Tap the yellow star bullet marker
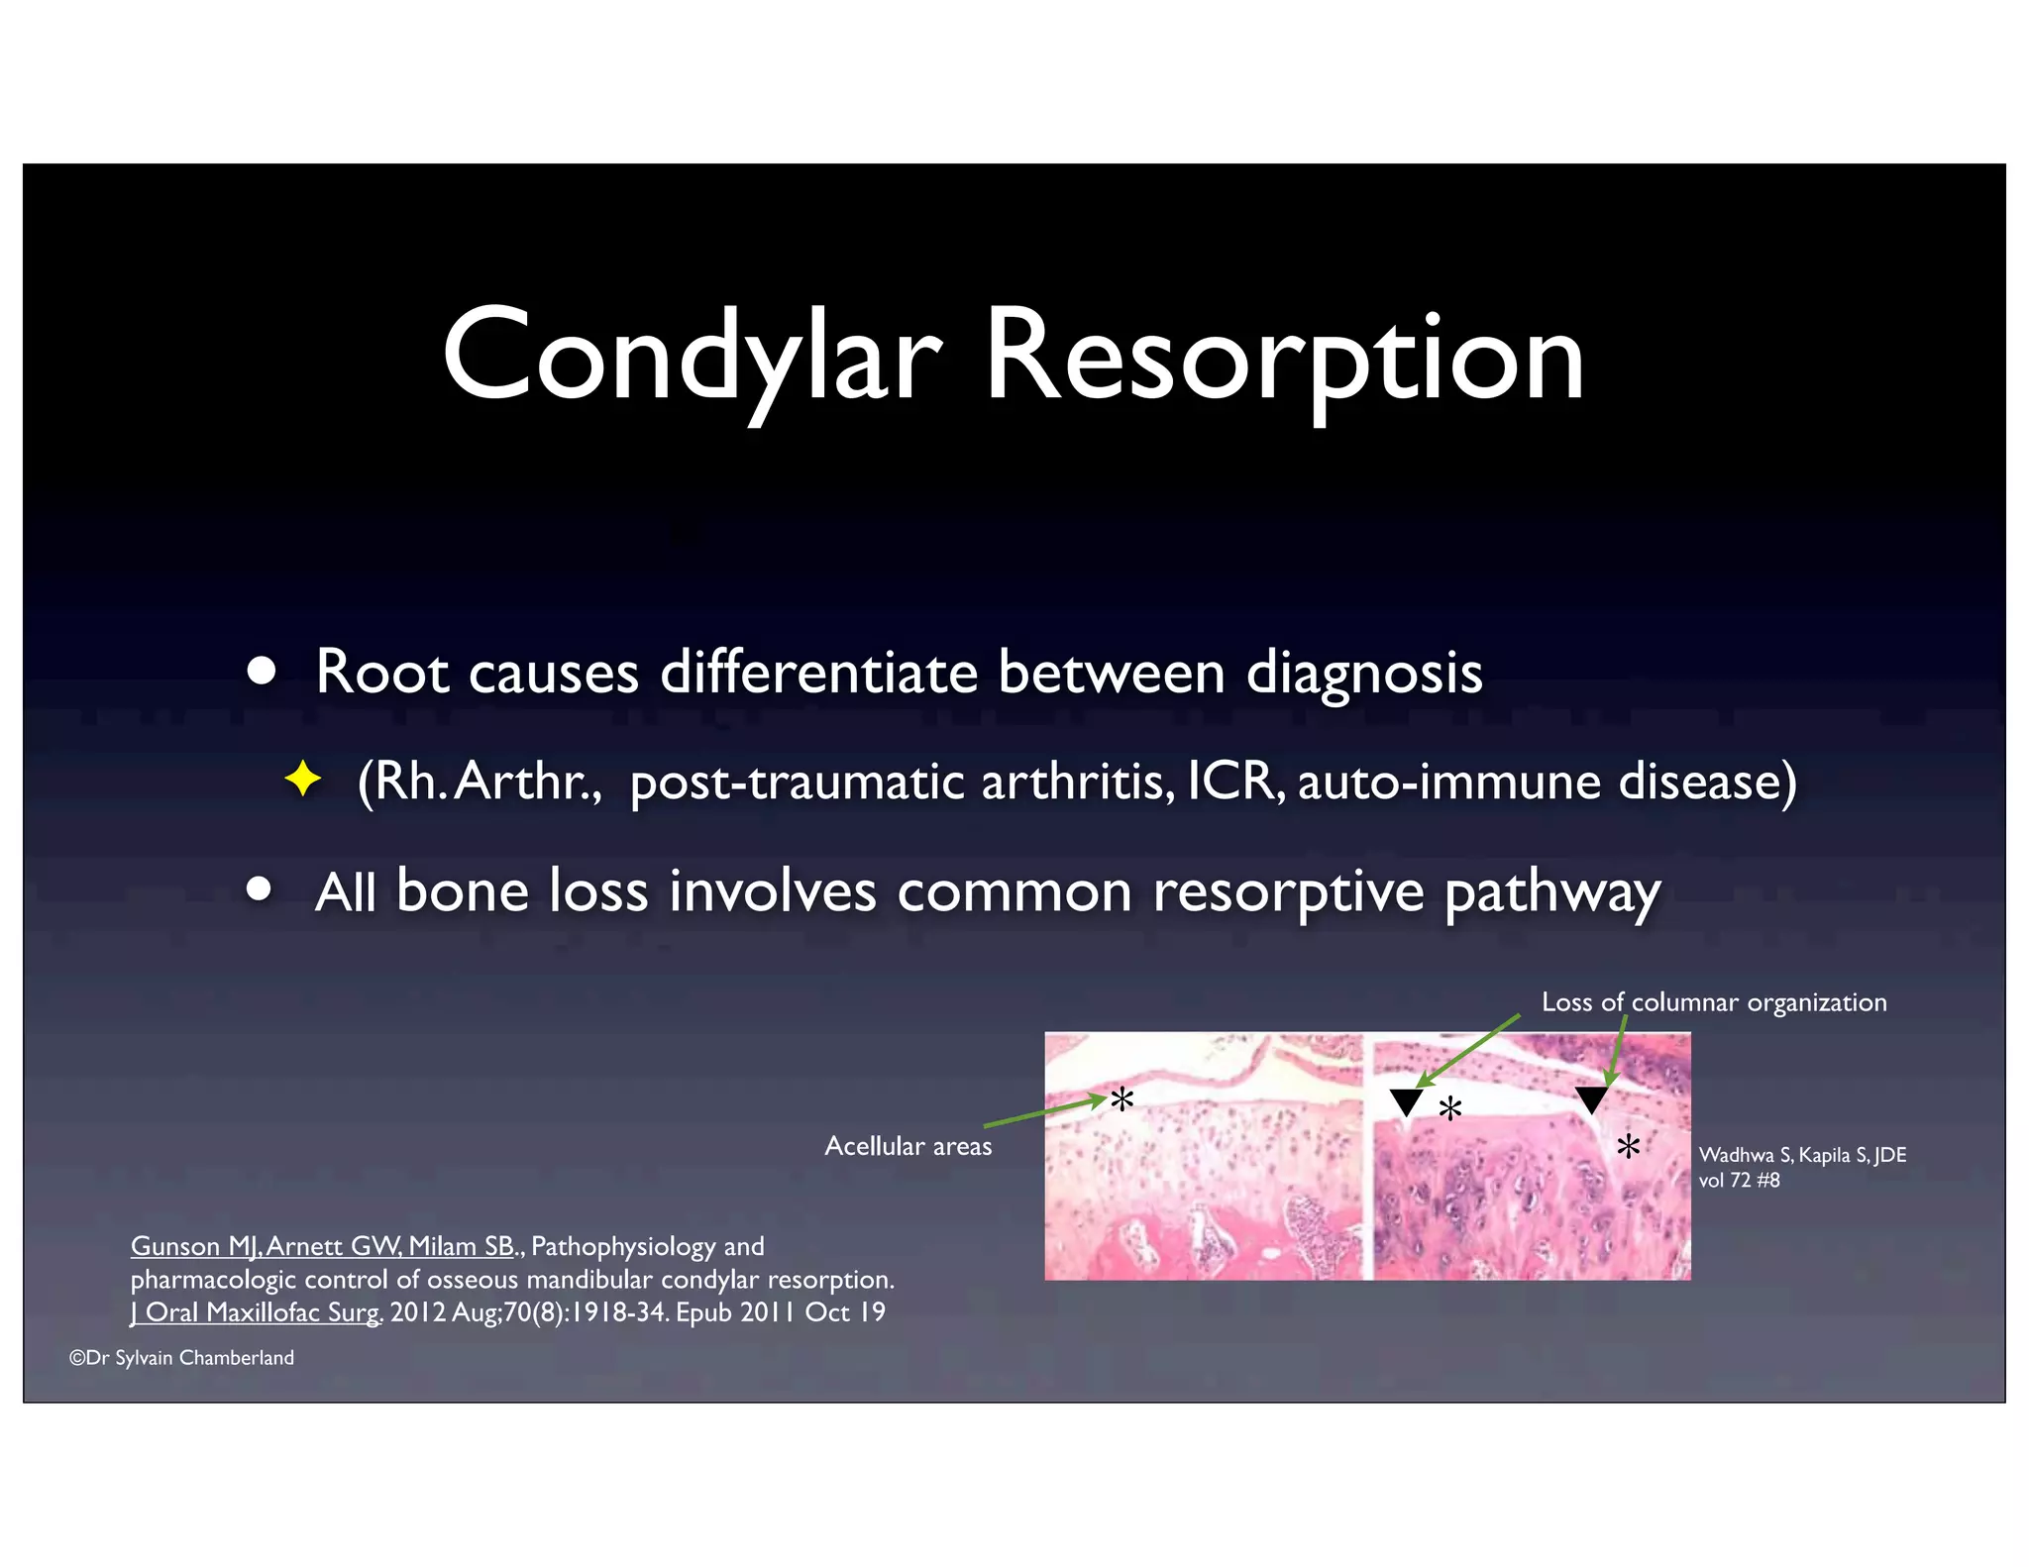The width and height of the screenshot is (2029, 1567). pos(302,780)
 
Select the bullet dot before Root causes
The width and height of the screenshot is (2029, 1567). pos(262,672)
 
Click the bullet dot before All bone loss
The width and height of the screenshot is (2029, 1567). pos(260,889)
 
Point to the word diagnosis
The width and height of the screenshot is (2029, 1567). pos(1363,674)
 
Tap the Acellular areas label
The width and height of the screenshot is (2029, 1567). pos(908,1146)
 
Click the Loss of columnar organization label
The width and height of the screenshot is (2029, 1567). pos(1713,1002)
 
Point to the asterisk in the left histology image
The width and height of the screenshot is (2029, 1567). pos(1121,1099)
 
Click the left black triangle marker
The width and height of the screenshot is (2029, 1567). pos(1406,1100)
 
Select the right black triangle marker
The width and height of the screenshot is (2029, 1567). pos(1591,1098)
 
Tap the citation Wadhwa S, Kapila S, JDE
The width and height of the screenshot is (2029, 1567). pos(1801,1155)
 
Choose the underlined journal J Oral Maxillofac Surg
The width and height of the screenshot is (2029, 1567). pos(256,1312)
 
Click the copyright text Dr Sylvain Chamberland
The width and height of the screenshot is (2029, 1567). pos(182,1358)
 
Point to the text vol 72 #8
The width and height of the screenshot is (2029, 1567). pos(1739,1181)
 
